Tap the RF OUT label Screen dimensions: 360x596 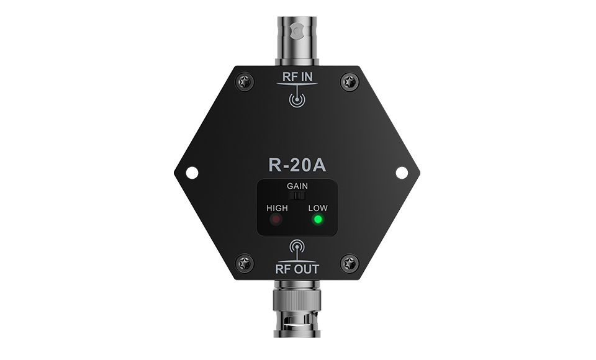pos(297,269)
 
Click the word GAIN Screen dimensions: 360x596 pos(297,186)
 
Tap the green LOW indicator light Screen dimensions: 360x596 pos(318,220)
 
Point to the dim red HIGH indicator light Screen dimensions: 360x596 pos(276,220)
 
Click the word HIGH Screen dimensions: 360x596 pos(277,208)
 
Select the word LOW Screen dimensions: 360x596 pos(318,208)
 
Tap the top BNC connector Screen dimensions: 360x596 pos(297,38)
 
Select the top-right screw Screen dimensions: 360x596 pos(349,81)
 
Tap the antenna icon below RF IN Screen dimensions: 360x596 pos(297,99)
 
